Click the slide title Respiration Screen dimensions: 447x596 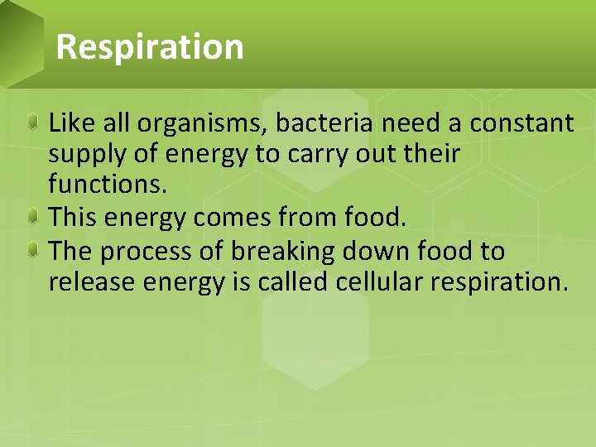(x=150, y=46)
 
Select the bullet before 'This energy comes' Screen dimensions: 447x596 (x=31, y=218)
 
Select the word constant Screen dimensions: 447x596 (x=521, y=123)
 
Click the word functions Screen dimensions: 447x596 (x=108, y=185)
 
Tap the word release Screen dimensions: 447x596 (x=90, y=282)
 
